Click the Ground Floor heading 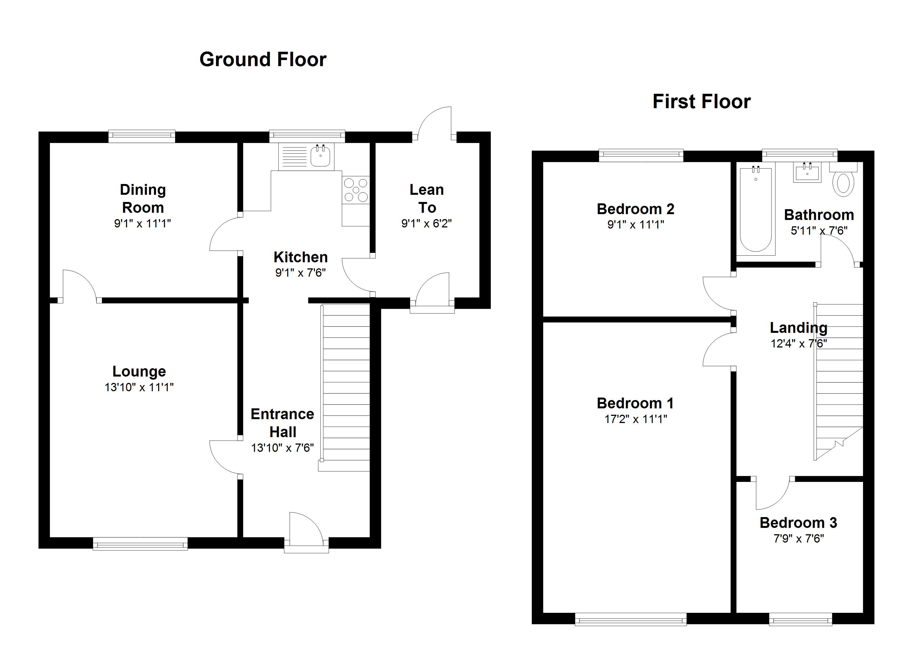(263, 59)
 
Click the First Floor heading (702, 102)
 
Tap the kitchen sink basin (320, 155)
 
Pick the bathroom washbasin (807, 172)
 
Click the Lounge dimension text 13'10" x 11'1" (139, 387)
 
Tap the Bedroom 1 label (635, 403)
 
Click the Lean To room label (427, 199)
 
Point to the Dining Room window (142, 136)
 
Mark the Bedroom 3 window (800, 619)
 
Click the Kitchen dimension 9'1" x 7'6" (300, 273)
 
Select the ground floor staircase (345, 388)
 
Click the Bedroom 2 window (641, 155)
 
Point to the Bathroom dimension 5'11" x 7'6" (819, 231)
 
